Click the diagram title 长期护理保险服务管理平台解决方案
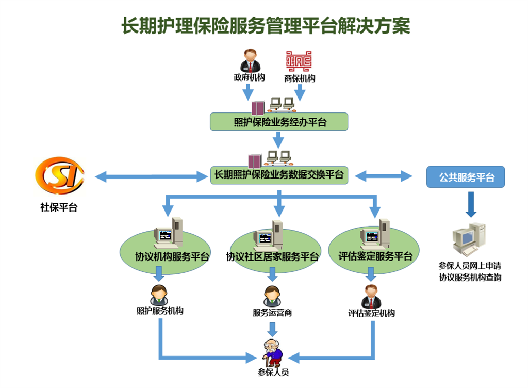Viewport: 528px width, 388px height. pos(266,25)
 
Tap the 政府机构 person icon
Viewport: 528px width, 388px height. pos(250,60)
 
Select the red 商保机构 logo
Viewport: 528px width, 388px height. pos(299,61)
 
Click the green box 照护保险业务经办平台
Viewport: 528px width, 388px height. pos(279,122)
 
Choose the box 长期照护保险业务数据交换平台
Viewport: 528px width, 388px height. pos(279,175)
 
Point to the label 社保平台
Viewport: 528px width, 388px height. pos(59,208)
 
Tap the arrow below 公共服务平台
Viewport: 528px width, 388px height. pos(470,204)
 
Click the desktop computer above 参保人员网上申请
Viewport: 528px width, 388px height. pos(469,239)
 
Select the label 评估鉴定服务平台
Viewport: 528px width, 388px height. pos(375,256)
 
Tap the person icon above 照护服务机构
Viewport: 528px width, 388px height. pos(159,295)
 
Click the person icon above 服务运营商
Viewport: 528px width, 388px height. pos(272,296)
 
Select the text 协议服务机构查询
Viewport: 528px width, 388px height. pos(470,278)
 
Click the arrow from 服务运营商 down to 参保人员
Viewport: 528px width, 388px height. pos(272,329)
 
